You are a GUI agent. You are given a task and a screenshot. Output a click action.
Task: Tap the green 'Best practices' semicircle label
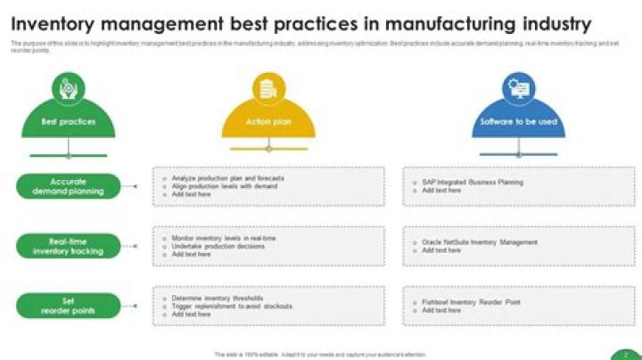tap(68, 122)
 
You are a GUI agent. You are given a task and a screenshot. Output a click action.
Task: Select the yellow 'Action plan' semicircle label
tap(268, 122)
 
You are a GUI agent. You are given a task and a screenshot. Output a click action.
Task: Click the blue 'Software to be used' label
tap(518, 122)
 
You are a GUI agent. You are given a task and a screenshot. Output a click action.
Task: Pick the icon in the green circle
tap(68, 89)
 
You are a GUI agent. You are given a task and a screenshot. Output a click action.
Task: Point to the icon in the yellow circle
tap(268, 89)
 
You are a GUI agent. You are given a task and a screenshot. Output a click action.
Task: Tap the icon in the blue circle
tap(518, 89)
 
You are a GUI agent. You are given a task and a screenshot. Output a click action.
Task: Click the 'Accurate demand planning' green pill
tap(68, 186)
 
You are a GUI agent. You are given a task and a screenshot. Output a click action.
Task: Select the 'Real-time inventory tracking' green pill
tap(68, 246)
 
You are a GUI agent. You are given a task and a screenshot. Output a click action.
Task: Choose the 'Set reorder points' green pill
tap(68, 306)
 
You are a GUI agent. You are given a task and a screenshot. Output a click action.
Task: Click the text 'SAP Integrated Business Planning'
tap(473, 183)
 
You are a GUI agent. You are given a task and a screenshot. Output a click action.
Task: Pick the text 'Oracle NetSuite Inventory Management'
tap(480, 242)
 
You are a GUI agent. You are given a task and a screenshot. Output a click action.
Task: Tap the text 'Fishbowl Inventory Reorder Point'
tap(472, 302)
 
